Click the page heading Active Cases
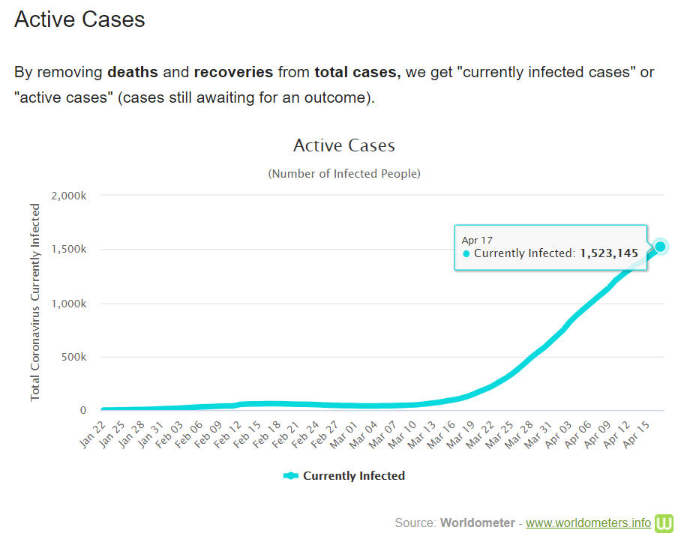79,19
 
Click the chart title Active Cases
343,145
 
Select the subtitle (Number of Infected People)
343,173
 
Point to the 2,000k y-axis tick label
69,196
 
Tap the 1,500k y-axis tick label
69,250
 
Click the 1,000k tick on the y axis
69,304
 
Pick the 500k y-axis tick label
73,357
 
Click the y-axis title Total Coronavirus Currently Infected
35,301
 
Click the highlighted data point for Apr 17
660,247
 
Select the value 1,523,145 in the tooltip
609,253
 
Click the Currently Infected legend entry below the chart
344,475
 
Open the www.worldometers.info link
588,523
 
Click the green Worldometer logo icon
664,523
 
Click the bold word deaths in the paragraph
133,72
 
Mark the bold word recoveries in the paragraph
233,72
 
